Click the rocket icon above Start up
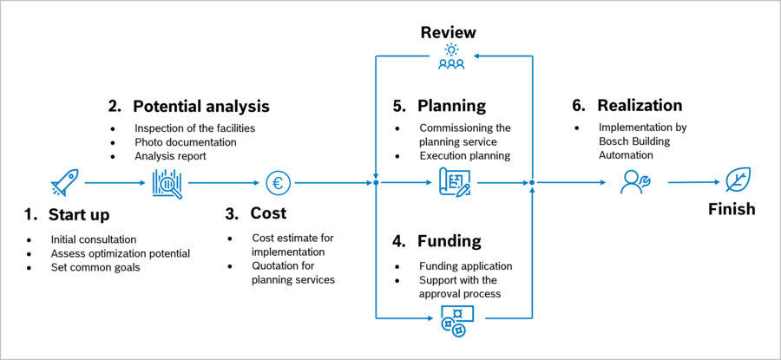[65, 182]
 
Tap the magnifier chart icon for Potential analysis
[167, 183]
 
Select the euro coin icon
[279, 183]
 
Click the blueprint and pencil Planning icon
[454, 183]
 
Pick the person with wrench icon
[635, 182]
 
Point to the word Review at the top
[449, 33]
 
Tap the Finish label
[732, 209]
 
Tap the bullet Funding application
[465, 266]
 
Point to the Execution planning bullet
[464, 156]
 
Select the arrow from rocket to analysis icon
[115, 183]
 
